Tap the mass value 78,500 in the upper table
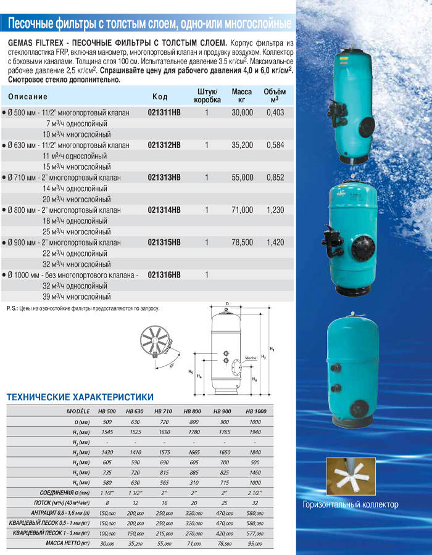click(242, 242)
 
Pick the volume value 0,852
click(274, 178)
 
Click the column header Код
click(159, 97)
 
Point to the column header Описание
click(28, 97)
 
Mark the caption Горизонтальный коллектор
click(350, 505)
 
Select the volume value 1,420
click(274, 242)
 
